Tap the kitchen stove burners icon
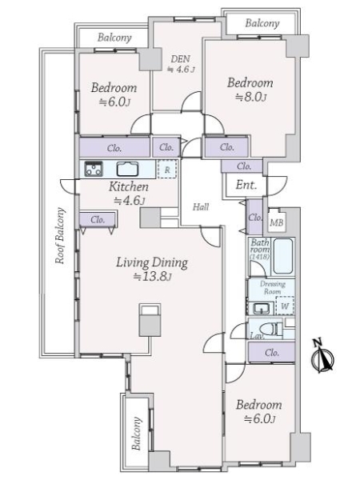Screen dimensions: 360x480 coord(94,169)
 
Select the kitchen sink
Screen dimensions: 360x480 coord(127,169)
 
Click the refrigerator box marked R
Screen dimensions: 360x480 coord(167,169)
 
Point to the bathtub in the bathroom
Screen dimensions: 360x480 coord(283,256)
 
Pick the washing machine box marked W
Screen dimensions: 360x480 coord(285,306)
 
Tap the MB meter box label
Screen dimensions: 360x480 coord(277,222)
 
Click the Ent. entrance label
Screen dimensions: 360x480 coord(246,185)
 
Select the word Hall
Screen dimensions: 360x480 coord(201,207)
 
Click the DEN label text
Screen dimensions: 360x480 coord(180,58)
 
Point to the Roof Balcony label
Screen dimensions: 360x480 coord(60,236)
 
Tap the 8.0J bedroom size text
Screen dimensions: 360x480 coord(250,98)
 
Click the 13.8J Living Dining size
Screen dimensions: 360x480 coord(152,277)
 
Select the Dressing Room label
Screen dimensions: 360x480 coord(273,288)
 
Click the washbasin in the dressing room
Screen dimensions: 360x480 coord(261,308)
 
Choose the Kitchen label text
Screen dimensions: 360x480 coord(129,186)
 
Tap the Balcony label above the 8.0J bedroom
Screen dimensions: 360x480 coord(262,23)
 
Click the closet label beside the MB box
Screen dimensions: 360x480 coord(254,218)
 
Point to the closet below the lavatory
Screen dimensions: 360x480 coord(271,352)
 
